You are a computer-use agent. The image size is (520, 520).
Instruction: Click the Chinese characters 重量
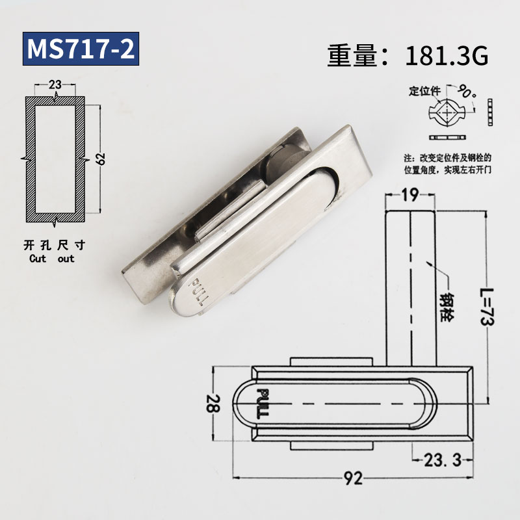(354, 56)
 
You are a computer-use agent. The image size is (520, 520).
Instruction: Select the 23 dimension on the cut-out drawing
(55, 84)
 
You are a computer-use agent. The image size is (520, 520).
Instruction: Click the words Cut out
(52, 259)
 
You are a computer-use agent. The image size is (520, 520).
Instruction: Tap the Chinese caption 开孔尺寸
(55, 245)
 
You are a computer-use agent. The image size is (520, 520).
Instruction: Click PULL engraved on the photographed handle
(196, 291)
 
